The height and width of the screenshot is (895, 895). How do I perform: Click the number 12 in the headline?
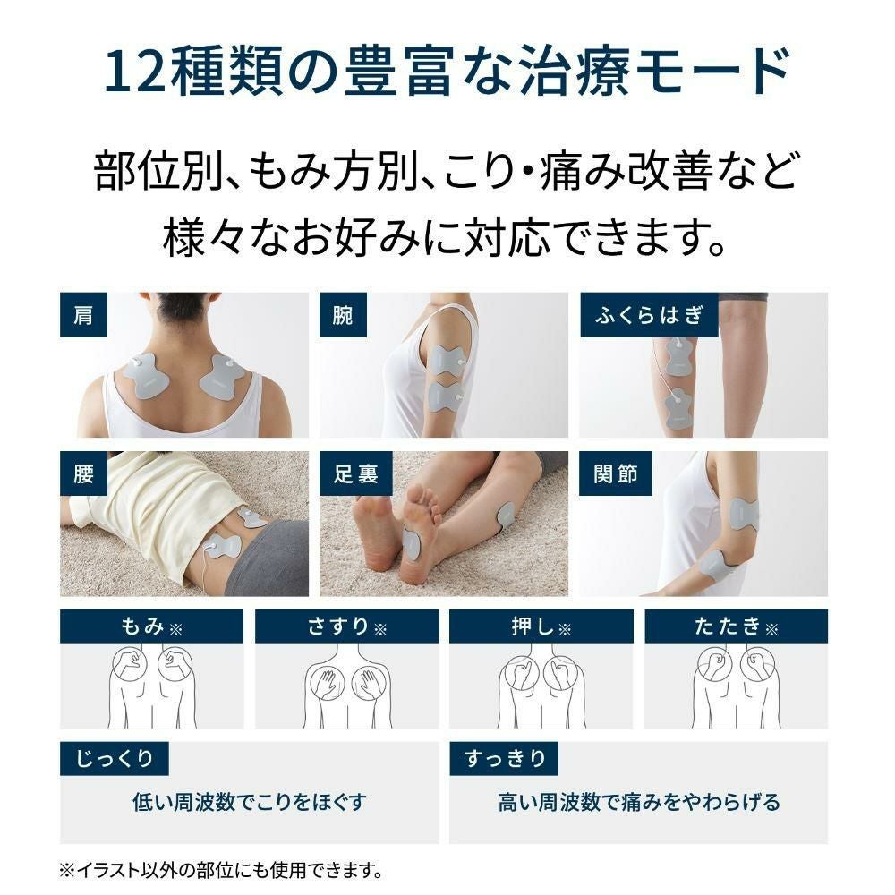133,73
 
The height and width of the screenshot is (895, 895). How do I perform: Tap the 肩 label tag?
83,314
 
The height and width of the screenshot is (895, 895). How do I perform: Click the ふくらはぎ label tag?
649,314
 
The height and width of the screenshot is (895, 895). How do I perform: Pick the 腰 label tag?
83,473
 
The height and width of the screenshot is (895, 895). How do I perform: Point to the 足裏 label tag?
355,473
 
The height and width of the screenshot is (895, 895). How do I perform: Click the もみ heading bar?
151,626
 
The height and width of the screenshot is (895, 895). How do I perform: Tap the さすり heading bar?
346,626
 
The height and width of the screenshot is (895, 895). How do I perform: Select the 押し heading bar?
541,626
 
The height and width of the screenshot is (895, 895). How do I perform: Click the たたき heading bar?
736,626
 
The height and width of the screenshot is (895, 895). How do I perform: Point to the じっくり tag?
114,759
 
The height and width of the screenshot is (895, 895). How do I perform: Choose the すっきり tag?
505,759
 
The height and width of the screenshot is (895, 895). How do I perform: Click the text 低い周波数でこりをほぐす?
249,802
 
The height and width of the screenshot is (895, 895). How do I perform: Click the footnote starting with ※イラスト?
220,869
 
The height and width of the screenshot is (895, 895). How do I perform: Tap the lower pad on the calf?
680,408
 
